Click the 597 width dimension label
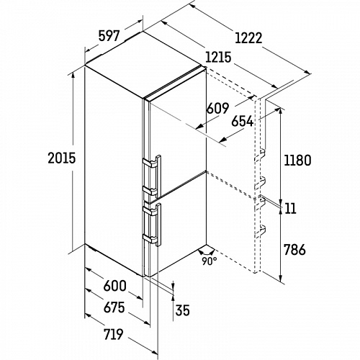109,36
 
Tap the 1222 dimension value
248,38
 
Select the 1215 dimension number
218,58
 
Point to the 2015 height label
62,158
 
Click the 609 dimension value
218,108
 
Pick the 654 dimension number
243,121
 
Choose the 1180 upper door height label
297,161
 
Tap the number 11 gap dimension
291,208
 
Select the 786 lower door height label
294,250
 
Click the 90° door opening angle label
210,261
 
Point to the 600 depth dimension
114,286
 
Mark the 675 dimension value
114,307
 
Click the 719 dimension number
113,334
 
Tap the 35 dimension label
183,310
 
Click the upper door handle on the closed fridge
153,176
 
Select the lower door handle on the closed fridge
153,225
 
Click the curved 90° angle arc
206,253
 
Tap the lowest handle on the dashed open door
260,231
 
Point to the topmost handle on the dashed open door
260,154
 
